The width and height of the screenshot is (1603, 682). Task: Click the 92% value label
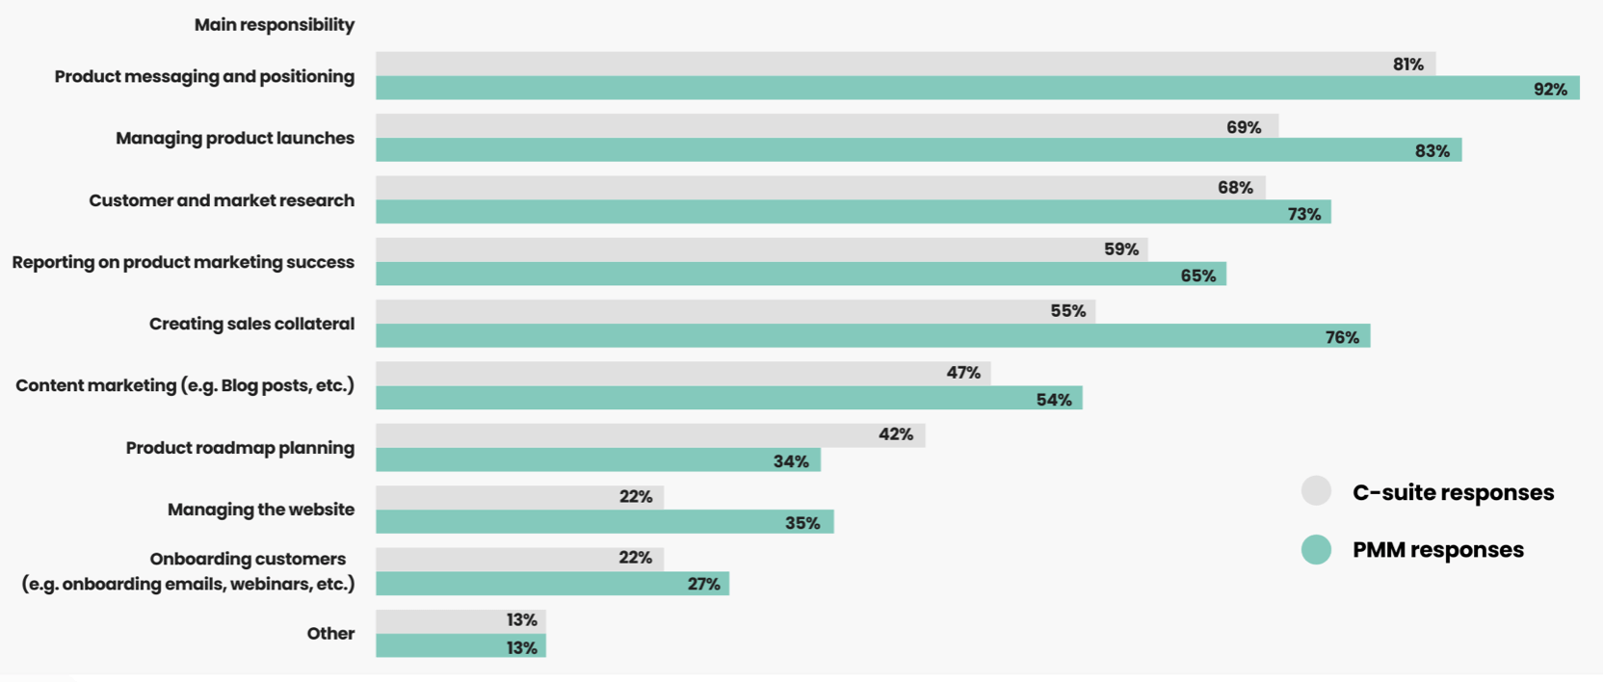tap(1550, 90)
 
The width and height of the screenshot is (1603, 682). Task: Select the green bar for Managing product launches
tap(915, 150)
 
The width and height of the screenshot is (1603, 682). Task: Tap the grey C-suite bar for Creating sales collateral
tap(732, 311)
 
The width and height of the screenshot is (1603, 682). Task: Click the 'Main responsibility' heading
tap(274, 25)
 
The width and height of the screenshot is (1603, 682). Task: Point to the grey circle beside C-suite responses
tap(1316, 491)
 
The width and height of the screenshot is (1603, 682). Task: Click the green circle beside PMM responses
tap(1316, 550)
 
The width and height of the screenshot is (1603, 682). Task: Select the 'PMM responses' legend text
tap(1437, 550)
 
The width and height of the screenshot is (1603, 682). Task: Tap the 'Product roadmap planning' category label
tap(240, 448)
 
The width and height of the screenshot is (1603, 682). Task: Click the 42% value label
tap(895, 434)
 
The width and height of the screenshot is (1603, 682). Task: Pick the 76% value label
tap(1342, 337)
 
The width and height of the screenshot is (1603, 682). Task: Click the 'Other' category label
tap(330, 634)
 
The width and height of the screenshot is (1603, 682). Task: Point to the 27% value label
tap(703, 584)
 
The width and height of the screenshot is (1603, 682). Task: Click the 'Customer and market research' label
tap(222, 200)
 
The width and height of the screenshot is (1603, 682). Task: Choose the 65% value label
tap(1197, 275)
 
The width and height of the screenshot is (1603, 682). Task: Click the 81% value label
tap(1407, 65)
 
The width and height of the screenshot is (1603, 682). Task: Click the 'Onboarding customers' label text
tap(248, 559)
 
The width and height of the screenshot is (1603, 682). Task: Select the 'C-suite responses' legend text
tap(1453, 492)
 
